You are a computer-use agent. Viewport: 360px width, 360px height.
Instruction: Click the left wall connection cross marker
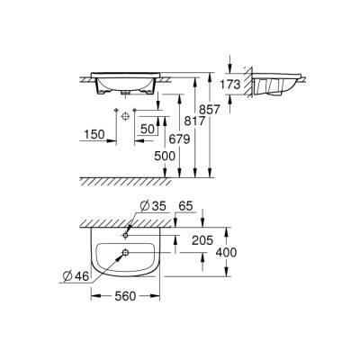[119, 115]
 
